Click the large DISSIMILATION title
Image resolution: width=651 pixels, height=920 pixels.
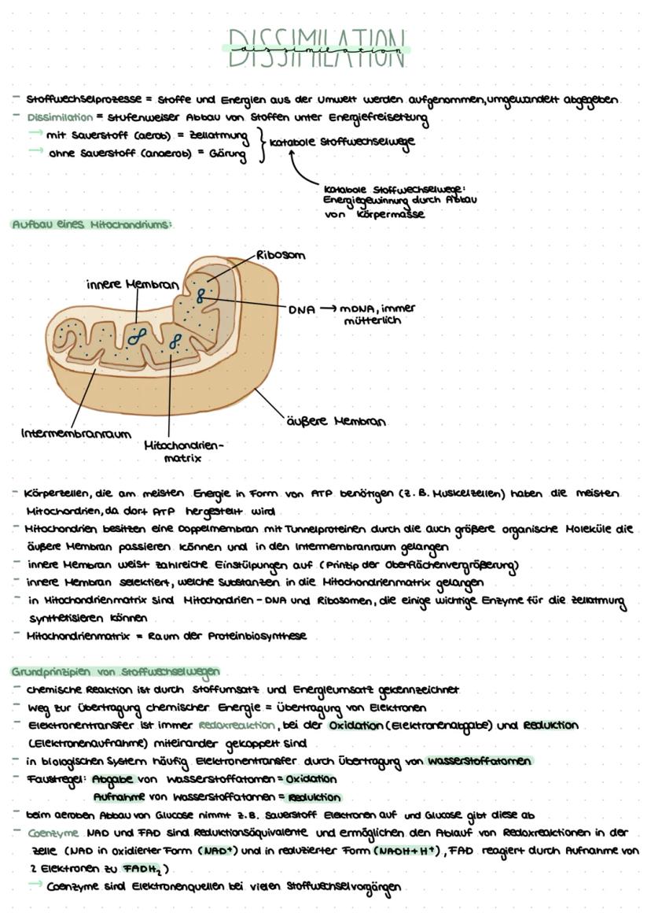(x=316, y=48)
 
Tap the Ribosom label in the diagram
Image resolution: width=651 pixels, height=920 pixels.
(x=281, y=255)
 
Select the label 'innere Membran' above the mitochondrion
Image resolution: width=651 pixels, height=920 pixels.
(x=133, y=283)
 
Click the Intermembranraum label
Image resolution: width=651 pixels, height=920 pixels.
(x=75, y=433)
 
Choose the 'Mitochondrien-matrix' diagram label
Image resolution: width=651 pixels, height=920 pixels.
(x=183, y=451)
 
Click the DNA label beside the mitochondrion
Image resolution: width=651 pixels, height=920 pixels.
(x=301, y=309)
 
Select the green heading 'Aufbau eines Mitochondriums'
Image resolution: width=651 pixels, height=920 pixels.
(x=91, y=224)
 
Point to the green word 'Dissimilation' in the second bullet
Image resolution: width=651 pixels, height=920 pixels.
(x=60, y=117)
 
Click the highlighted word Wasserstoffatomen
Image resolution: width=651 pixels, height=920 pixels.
(x=479, y=761)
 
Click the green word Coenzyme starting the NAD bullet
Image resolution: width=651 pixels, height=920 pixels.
(x=52, y=833)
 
